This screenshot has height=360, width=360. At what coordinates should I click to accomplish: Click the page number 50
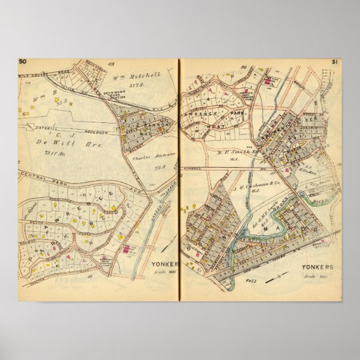pos(23,61)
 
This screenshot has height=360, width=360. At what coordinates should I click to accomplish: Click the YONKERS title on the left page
pos(164,264)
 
